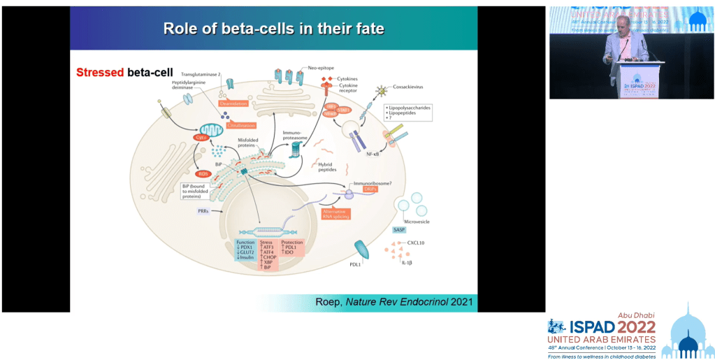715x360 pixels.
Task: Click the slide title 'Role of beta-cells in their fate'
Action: [x=273, y=29]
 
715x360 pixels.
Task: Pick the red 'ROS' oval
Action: [x=203, y=173]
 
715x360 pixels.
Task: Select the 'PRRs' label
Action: [x=204, y=210]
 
